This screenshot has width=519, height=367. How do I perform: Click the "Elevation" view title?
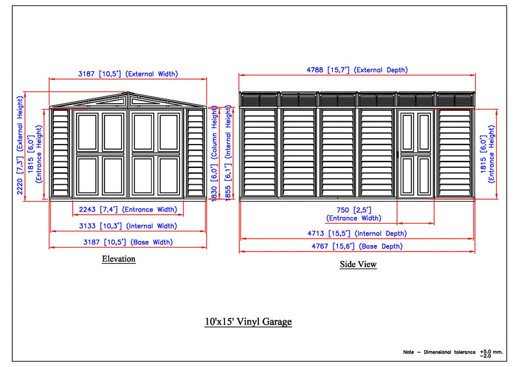tap(119, 259)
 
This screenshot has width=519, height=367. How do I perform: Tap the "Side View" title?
tap(358, 265)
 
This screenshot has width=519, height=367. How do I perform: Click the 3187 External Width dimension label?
tap(128, 74)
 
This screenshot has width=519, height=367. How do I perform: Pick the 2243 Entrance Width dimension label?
tap(127, 209)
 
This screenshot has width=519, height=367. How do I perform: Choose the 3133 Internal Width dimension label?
tap(128, 226)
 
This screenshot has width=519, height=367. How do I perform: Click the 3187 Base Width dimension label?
tap(128, 243)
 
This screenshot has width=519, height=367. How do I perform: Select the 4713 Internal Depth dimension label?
tap(357, 233)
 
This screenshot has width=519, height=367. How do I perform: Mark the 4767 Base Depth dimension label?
tap(357, 246)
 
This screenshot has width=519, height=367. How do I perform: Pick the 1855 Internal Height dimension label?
tap(228, 154)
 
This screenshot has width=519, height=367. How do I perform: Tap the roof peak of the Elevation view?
tap(128, 93)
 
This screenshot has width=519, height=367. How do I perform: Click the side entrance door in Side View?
tap(416, 153)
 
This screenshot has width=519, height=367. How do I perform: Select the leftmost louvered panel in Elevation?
tap(60, 153)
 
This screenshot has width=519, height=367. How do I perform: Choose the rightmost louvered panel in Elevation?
tap(195, 153)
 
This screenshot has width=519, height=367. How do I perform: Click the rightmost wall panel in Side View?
tap(455, 153)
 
